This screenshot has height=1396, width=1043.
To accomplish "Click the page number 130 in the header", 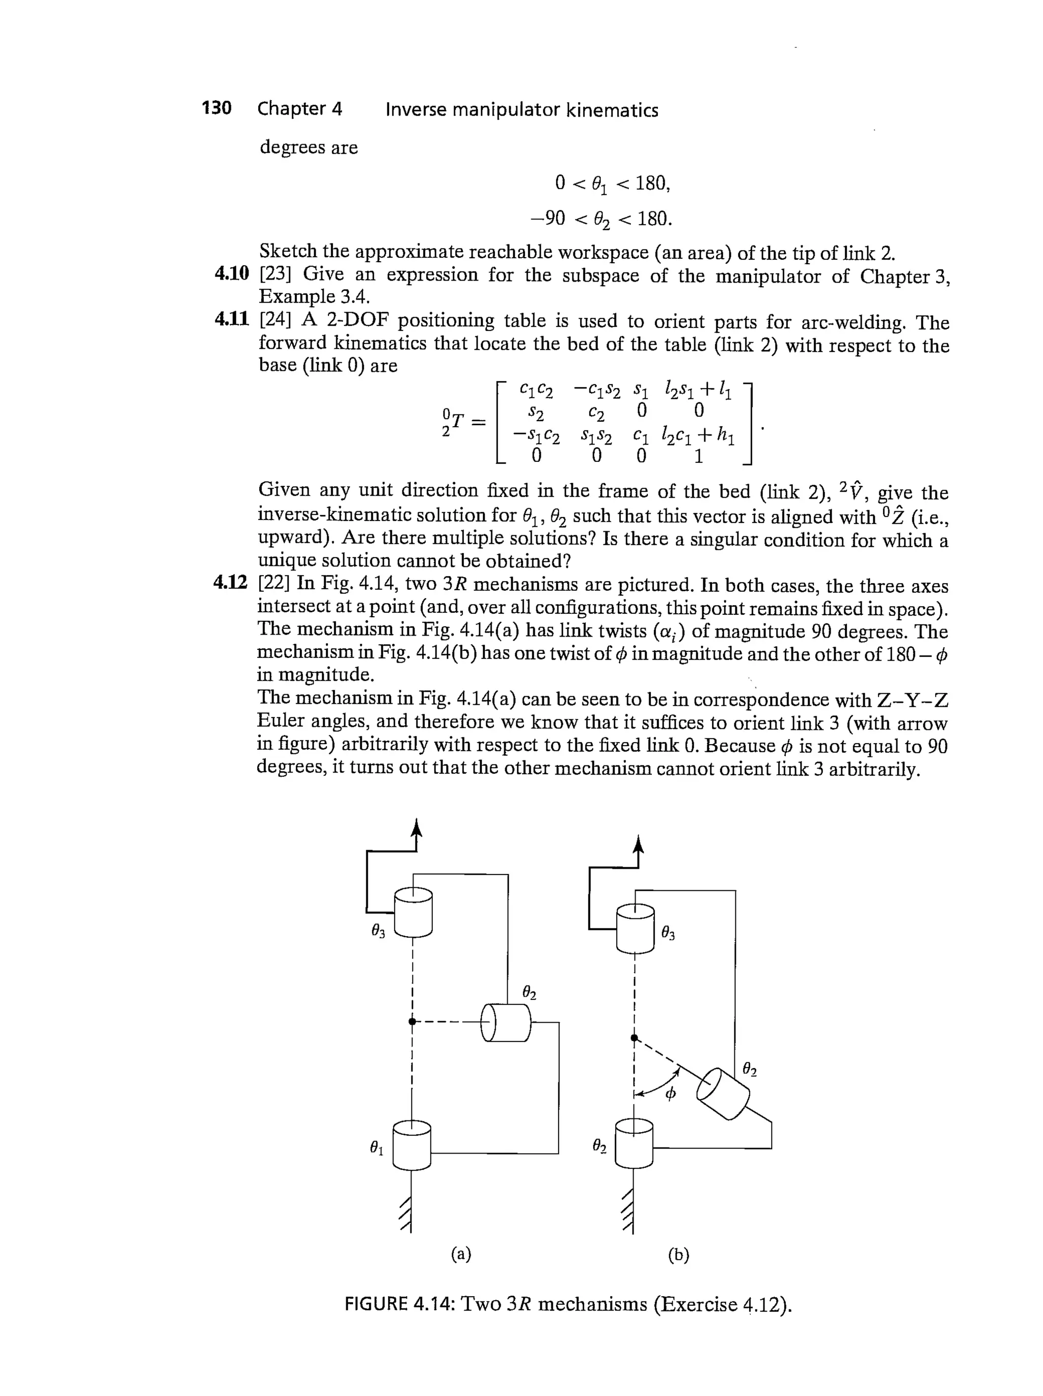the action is point(216,108).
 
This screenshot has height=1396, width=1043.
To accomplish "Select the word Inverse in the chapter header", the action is point(416,110).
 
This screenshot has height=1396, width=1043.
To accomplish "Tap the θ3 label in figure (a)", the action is point(378,930).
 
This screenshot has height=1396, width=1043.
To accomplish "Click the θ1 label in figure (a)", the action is point(377,1148).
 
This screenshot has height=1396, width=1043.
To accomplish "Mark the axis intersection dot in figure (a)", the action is point(411,1021).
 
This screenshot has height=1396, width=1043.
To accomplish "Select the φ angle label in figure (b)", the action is point(671,1092).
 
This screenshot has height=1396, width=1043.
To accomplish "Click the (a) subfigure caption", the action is point(461,1254).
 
